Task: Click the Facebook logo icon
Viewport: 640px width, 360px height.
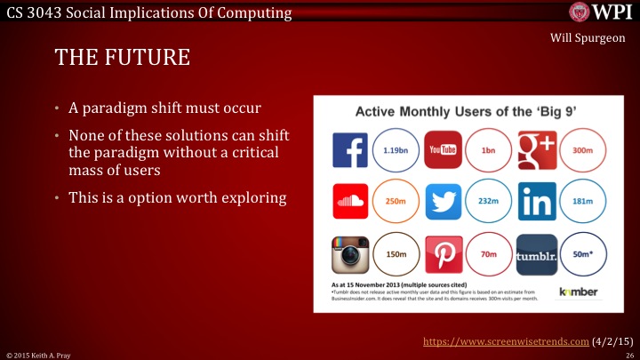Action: (x=349, y=149)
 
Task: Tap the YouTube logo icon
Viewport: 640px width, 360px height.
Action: (x=442, y=149)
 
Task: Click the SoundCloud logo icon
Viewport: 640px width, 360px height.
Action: (x=349, y=202)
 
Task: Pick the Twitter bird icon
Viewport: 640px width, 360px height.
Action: (x=442, y=202)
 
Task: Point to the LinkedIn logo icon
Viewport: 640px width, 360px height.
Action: (x=536, y=202)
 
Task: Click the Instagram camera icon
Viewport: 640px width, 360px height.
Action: (x=349, y=255)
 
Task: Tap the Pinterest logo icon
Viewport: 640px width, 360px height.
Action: (x=442, y=255)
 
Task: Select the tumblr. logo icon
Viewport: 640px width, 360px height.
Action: (x=536, y=255)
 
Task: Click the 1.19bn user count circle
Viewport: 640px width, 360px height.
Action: (x=395, y=150)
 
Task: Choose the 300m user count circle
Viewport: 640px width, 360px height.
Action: (x=583, y=149)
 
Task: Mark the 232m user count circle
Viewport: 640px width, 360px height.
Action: (x=489, y=203)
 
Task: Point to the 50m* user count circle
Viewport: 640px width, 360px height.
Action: (x=583, y=255)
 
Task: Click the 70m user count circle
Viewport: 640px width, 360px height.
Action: (x=489, y=255)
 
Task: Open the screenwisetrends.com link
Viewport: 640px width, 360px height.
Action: (x=504, y=340)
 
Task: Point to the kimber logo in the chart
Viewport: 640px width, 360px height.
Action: (x=578, y=292)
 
